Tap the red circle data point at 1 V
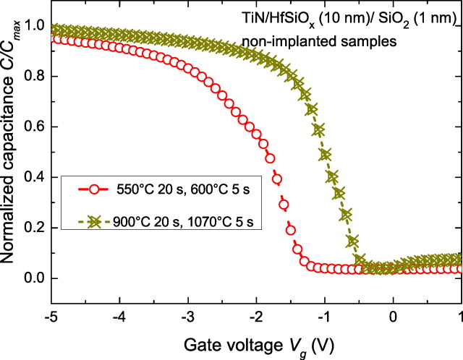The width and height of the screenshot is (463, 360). click(x=460, y=269)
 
